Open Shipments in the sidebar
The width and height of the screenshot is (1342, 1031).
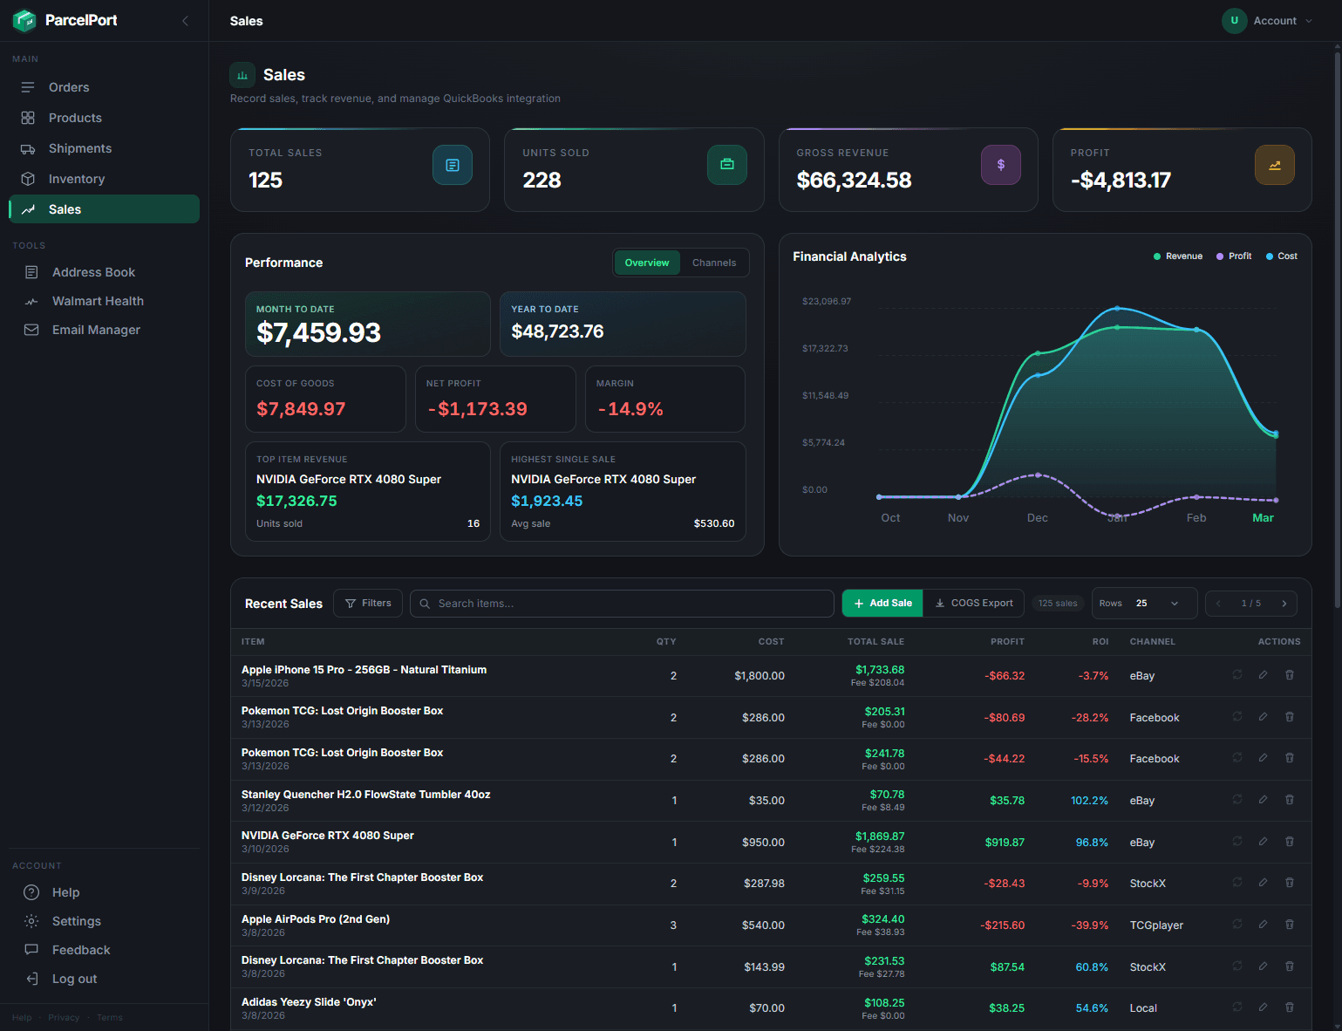click(x=79, y=148)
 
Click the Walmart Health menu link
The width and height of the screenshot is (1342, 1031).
click(x=98, y=301)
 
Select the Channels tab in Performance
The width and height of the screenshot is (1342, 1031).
click(x=713, y=263)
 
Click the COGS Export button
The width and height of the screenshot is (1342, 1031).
click(x=974, y=604)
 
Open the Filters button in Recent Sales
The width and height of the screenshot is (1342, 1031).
click(x=368, y=604)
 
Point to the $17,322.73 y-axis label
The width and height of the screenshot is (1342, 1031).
click(x=825, y=349)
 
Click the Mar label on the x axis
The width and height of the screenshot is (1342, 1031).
click(x=1263, y=518)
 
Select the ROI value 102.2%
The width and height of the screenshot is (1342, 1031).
click(x=1089, y=801)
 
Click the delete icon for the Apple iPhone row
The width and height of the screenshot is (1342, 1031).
click(x=1289, y=675)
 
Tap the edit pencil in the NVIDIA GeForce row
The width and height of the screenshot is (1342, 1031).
click(x=1263, y=842)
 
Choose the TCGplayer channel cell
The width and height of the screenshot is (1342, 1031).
click(x=1156, y=925)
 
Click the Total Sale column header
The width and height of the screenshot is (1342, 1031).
click(x=875, y=642)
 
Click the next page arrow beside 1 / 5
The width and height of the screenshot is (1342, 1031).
click(x=1284, y=604)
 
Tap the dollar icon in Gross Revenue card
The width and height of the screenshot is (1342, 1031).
click(x=1000, y=165)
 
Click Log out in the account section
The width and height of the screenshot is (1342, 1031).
click(x=74, y=979)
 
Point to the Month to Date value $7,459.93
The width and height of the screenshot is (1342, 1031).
click(x=319, y=332)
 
